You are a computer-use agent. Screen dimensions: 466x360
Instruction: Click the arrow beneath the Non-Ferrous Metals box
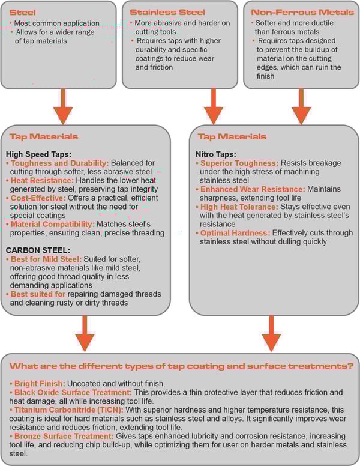click(x=300, y=106)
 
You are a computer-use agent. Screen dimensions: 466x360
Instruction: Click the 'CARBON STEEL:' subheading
click(x=37, y=250)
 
